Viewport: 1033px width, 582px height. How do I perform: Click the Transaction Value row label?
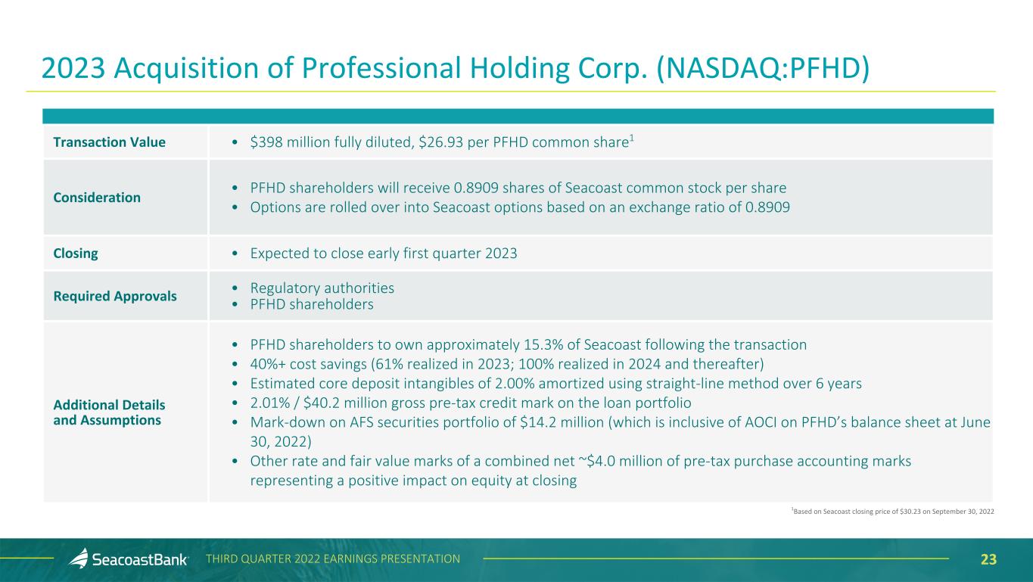[109, 142]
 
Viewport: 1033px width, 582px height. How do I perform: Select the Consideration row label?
[97, 198]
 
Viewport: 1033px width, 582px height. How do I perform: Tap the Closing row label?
[76, 254]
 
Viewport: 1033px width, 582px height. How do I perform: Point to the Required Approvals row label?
[115, 296]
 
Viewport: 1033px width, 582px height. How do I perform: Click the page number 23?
[988, 559]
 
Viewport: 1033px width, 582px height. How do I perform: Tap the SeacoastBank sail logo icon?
[79, 558]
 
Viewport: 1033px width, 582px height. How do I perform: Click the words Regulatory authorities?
[322, 288]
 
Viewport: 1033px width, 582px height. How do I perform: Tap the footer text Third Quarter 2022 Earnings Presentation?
[333, 559]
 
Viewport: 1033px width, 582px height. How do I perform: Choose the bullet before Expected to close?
[235, 254]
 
